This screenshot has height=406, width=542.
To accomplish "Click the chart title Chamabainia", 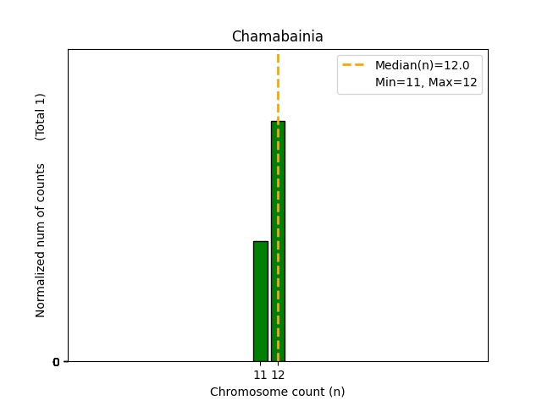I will (x=277, y=37).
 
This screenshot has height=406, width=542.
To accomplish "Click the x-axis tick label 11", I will (x=260, y=375).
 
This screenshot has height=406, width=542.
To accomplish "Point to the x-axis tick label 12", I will (x=278, y=375).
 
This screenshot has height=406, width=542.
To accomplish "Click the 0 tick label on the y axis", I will (x=57, y=362).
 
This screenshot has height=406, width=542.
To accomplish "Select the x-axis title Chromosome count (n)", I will (x=277, y=392).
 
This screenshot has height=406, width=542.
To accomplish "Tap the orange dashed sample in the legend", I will (x=353, y=65).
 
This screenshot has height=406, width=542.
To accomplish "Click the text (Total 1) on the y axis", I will (x=41, y=116).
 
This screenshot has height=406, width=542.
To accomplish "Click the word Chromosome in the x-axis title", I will (x=244, y=392).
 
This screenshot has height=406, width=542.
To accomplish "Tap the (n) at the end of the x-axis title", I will (x=336, y=392).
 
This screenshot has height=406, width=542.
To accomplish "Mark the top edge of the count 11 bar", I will (x=260, y=242).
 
